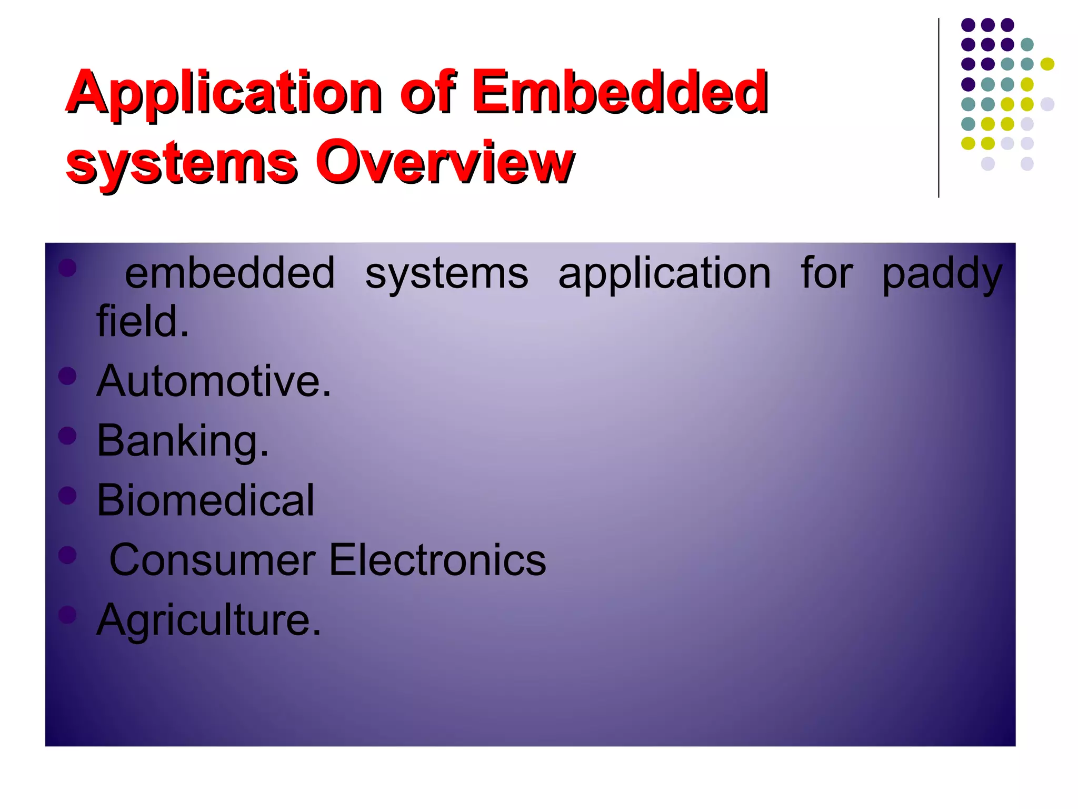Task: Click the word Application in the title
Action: tap(224, 94)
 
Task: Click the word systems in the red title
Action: tap(182, 163)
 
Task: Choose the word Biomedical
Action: tap(205, 500)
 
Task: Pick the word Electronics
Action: tap(437, 560)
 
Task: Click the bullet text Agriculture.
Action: tap(208, 620)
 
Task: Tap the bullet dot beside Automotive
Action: tap(67, 376)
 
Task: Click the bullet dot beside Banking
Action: tap(67, 435)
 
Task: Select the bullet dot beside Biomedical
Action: tap(67, 495)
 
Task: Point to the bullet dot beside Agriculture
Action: tap(67, 614)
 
